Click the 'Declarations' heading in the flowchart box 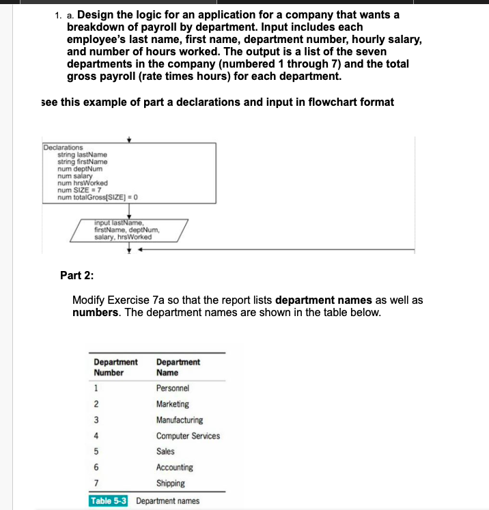(63, 147)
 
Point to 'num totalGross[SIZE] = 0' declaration (98, 197)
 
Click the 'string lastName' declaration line (81, 154)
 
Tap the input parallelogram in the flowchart (128, 230)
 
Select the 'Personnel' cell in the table (173, 388)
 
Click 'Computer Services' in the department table (188, 436)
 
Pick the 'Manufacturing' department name (179, 420)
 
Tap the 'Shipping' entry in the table (170, 483)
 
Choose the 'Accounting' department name (174, 468)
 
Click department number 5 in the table (96, 452)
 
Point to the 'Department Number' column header (115, 367)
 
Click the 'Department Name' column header (178, 367)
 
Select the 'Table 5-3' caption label (110, 501)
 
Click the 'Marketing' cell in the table (173, 404)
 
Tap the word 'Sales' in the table (165, 451)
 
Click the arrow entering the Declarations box (128, 139)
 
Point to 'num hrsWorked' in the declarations (81, 183)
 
